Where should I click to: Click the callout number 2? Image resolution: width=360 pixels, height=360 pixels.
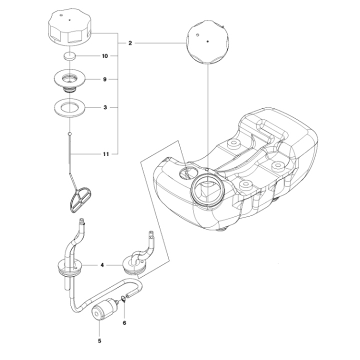[x=129, y=43]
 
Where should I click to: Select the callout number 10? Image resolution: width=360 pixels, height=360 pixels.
[x=105, y=56]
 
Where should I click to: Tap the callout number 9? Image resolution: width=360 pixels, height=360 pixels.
[x=105, y=79]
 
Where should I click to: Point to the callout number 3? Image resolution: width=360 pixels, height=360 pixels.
[x=105, y=107]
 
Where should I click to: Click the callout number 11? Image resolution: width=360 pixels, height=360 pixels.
[x=105, y=154]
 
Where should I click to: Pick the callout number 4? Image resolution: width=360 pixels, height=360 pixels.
[x=102, y=266]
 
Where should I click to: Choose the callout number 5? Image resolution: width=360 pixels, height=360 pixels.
[x=99, y=341]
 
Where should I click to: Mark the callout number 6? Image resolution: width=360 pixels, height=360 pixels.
[x=124, y=322]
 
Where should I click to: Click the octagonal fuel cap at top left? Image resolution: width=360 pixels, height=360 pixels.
[x=70, y=29]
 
